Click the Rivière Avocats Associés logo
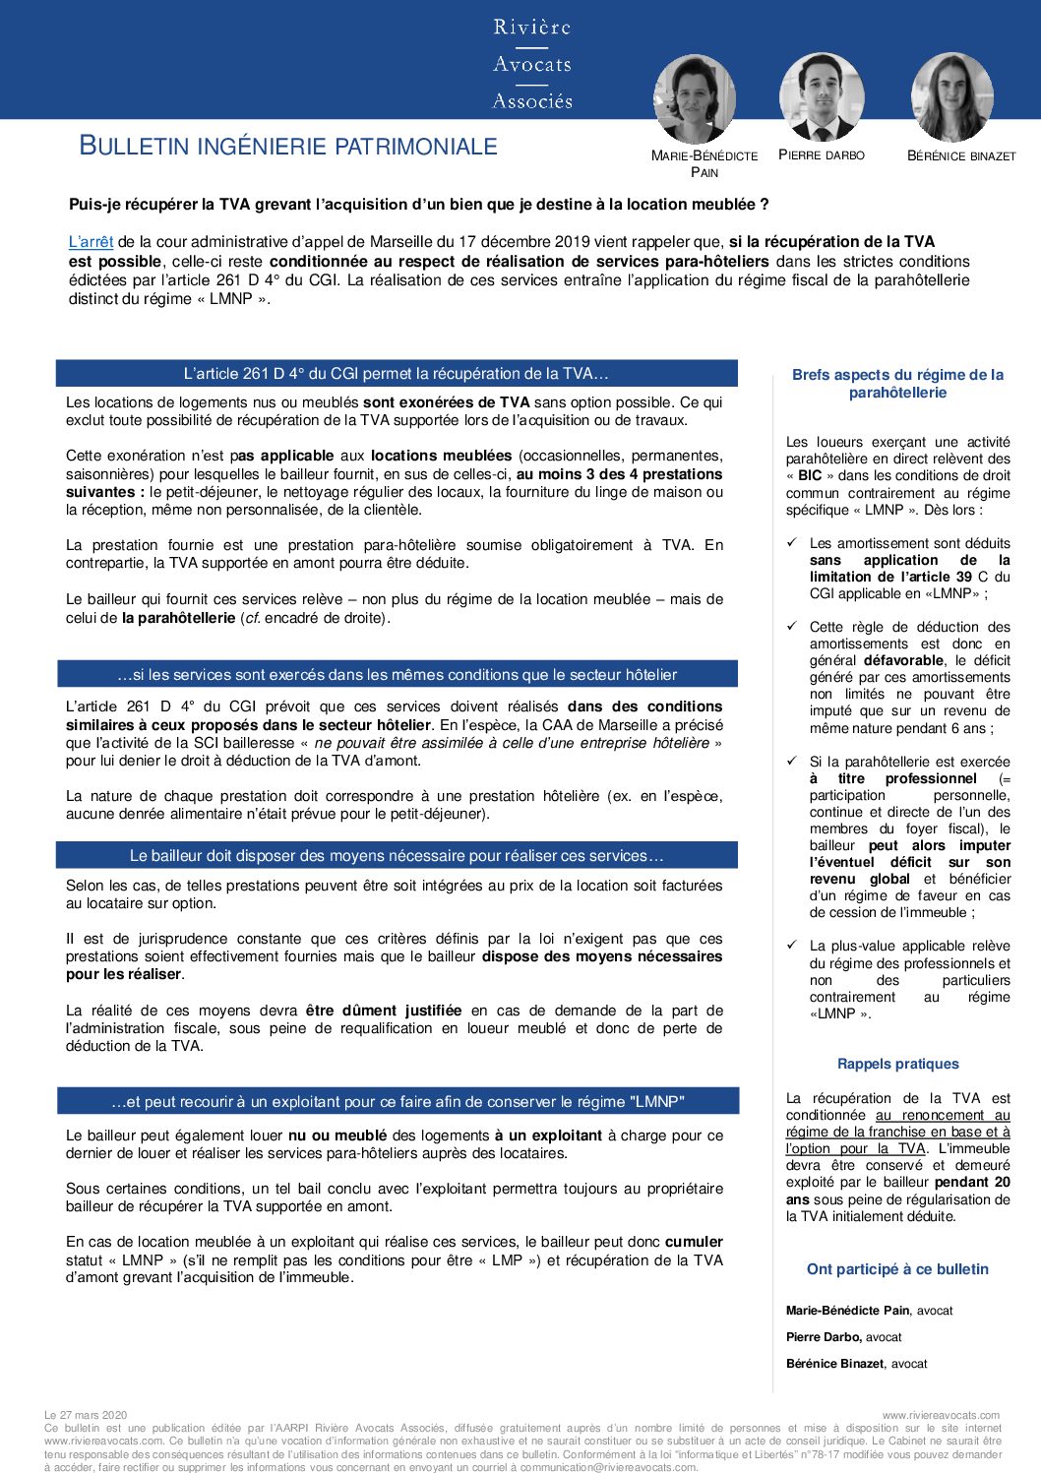pyautogui.click(x=532, y=64)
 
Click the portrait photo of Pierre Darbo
pyautogui.click(x=822, y=96)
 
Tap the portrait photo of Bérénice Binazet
pyautogui.click(x=952, y=96)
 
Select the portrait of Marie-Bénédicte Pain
pyautogui.click(x=694, y=98)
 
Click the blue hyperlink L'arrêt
pyautogui.click(x=91, y=242)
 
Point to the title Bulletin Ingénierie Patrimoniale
pyautogui.click(x=288, y=147)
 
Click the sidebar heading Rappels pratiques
pyautogui.click(x=897, y=1064)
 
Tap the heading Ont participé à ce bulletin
pyautogui.click(x=897, y=1269)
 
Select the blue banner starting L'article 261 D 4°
pyautogui.click(x=397, y=374)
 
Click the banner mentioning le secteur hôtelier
pyautogui.click(x=397, y=675)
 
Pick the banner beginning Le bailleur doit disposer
pyautogui.click(x=397, y=856)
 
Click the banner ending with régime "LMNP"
pyautogui.click(x=398, y=1102)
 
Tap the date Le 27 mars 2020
pyautogui.click(x=87, y=1415)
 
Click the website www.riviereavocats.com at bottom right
pyautogui.click(x=941, y=1415)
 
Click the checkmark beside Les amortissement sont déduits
pyautogui.click(x=792, y=543)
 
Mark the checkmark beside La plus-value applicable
pyautogui.click(x=792, y=946)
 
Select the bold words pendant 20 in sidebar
pyautogui.click(x=972, y=1183)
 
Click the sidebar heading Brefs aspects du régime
pyautogui.click(x=897, y=384)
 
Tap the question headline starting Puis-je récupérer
pyautogui.click(x=418, y=205)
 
